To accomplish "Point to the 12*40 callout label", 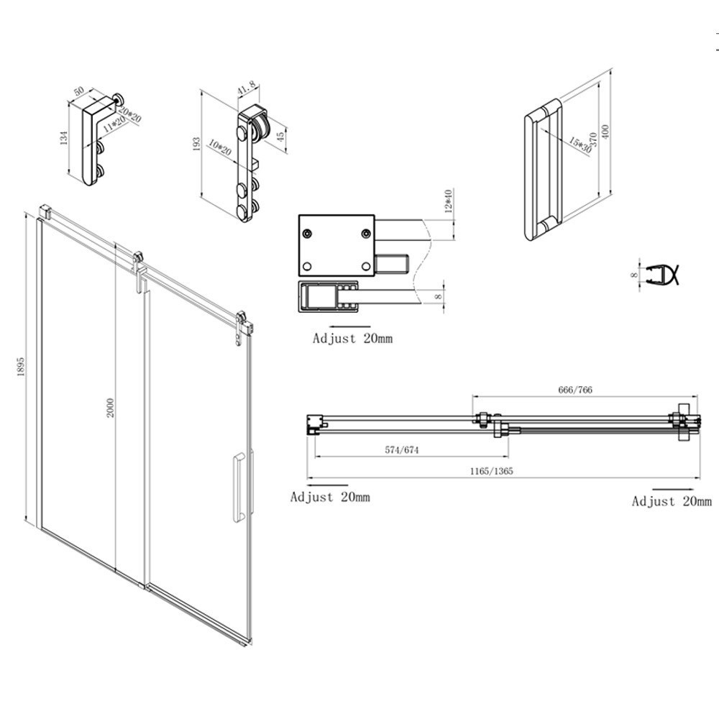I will pyautogui.click(x=448, y=202).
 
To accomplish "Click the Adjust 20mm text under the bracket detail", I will pyautogui.click(x=352, y=338).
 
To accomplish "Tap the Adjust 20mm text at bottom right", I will pyautogui.click(x=672, y=501).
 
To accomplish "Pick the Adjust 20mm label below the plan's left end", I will pyautogui.click(x=330, y=496).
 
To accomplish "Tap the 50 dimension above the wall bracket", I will pyautogui.click(x=80, y=93).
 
